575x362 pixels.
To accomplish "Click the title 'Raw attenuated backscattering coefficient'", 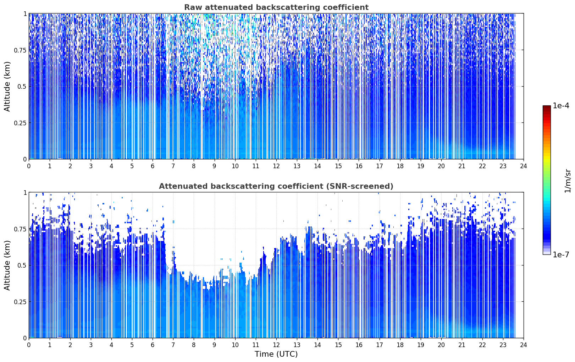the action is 276,7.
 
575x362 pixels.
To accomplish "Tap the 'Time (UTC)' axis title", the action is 276,354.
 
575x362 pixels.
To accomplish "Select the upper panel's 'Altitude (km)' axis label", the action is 7,87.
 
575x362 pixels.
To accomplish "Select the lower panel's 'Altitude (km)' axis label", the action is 7,265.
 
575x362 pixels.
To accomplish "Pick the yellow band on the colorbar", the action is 547,157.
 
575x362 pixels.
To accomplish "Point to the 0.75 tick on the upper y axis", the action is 20,50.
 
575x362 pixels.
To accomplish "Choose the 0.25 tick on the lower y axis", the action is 20,302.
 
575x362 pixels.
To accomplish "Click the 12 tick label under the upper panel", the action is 276,166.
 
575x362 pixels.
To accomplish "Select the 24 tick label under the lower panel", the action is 524,345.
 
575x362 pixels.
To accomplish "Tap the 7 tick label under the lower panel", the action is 173,345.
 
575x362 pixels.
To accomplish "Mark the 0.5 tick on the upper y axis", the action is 22,87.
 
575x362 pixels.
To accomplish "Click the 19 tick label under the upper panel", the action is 421,166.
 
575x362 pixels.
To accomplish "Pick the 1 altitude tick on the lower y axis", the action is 25,193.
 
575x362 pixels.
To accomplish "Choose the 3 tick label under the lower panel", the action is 91,345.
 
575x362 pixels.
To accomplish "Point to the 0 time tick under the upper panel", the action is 29,166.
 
